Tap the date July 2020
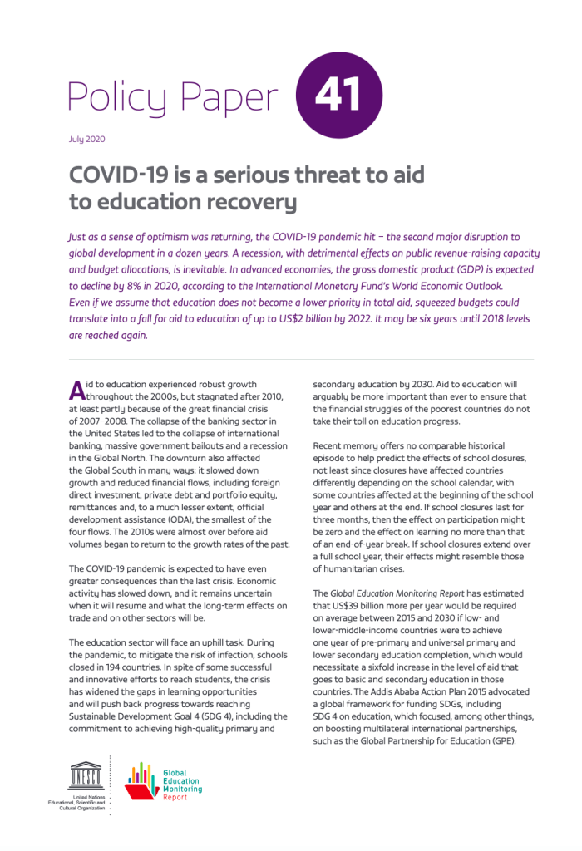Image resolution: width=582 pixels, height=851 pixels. click(86, 140)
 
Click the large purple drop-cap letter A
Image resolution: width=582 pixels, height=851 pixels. click(76, 390)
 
